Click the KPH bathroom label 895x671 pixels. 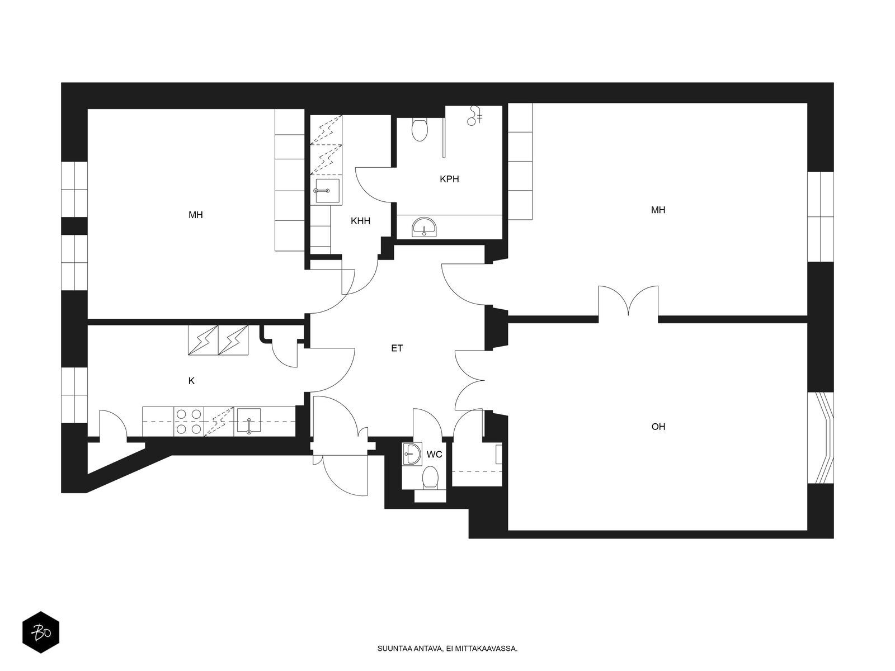coord(449,179)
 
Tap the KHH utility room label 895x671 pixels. coord(360,221)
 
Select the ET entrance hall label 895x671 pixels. coord(397,348)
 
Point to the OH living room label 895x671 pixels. coord(658,427)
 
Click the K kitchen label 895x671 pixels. coord(191,381)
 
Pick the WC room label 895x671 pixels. coord(434,454)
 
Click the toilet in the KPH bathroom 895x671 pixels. coord(420,129)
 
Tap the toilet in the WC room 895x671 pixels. coord(430,478)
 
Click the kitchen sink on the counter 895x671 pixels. coord(249,420)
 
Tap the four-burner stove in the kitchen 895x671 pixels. coord(189,422)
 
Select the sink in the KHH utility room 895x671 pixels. coord(327,191)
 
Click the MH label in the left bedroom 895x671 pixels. coord(196,215)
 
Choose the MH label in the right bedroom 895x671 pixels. coord(658,210)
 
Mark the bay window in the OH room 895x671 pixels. coord(821,438)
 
